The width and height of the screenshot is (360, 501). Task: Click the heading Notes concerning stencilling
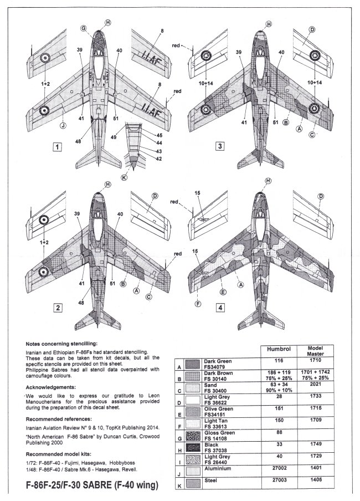(x=66, y=344)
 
